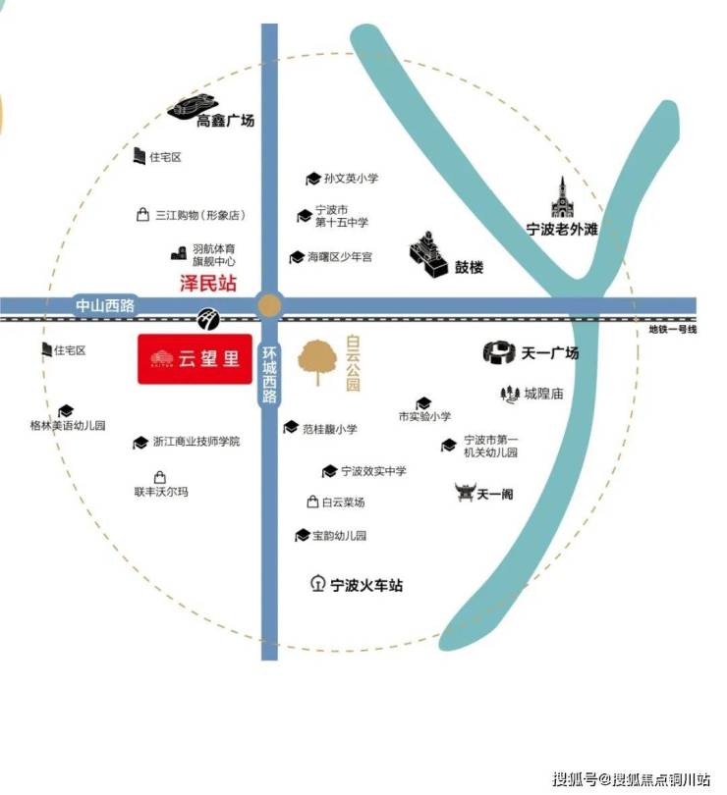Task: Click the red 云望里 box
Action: click(195, 358)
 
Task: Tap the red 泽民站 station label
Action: click(208, 283)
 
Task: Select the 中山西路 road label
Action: click(104, 305)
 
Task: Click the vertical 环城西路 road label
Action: click(269, 374)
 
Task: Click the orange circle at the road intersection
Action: click(269, 305)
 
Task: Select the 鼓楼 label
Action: click(469, 267)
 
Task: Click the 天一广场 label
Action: click(550, 352)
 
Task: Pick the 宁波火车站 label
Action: click(366, 585)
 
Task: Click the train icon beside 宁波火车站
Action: click(317, 584)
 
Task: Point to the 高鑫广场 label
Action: click(225, 121)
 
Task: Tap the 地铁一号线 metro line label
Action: click(673, 329)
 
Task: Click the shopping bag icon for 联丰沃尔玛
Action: click(160, 477)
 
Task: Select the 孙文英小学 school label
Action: click(352, 178)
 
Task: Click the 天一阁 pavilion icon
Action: click(465, 493)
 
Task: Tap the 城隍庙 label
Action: click(543, 394)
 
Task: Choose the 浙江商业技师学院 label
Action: click(196, 441)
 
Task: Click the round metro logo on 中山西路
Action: click(208, 318)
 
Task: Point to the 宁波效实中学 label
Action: click(373, 471)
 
